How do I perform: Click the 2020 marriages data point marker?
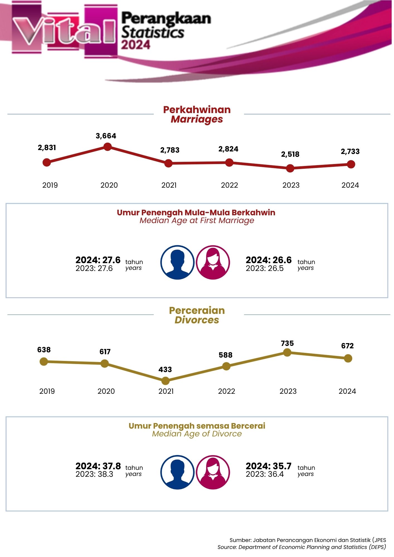[x=108, y=147]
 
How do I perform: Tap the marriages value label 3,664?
[x=106, y=136]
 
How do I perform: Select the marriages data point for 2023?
[x=290, y=168]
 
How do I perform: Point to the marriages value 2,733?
[x=350, y=152]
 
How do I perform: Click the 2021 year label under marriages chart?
[x=169, y=185]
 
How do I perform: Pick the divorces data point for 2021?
[x=165, y=380]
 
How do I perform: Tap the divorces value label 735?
[x=287, y=343]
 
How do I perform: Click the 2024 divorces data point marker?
[x=348, y=358]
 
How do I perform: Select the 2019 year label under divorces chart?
[x=47, y=391]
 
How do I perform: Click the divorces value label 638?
[x=44, y=350]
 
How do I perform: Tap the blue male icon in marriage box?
[x=177, y=262]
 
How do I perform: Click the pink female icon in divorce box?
[x=213, y=472]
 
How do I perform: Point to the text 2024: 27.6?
[x=98, y=260]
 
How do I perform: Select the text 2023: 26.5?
[x=264, y=268]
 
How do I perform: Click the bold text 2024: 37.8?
[x=98, y=466]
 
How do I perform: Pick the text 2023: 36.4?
[x=264, y=474]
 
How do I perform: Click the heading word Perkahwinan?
[x=197, y=110]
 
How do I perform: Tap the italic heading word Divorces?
[x=197, y=320]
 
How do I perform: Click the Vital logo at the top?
[x=64, y=31]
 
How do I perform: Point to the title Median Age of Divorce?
[x=197, y=434]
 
